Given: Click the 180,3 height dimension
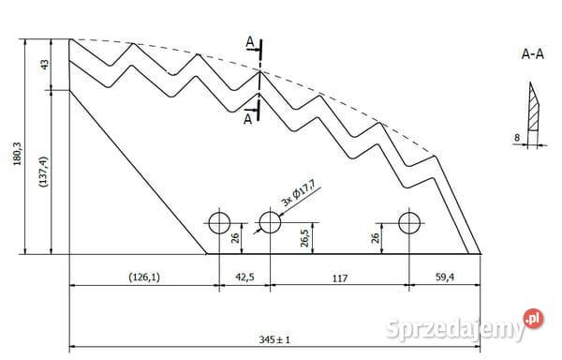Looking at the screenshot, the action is pyautogui.click(x=17, y=154).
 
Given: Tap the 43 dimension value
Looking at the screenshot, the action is pyautogui.click(x=44, y=65).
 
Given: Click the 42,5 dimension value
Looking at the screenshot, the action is pyautogui.click(x=244, y=277).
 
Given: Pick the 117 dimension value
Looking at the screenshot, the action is pyautogui.click(x=339, y=277).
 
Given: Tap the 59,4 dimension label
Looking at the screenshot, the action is pyautogui.click(x=444, y=277).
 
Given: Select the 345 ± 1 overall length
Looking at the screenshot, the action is pyautogui.click(x=274, y=339).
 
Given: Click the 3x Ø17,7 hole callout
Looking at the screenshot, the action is pyautogui.click(x=298, y=194).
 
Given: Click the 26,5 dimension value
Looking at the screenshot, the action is pyautogui.click(x=304, y=236).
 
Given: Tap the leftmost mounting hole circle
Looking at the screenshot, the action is pyautogui.click(x=219, y=223).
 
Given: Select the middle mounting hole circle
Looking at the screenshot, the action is pyautogui.click(x=270, y=222).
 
